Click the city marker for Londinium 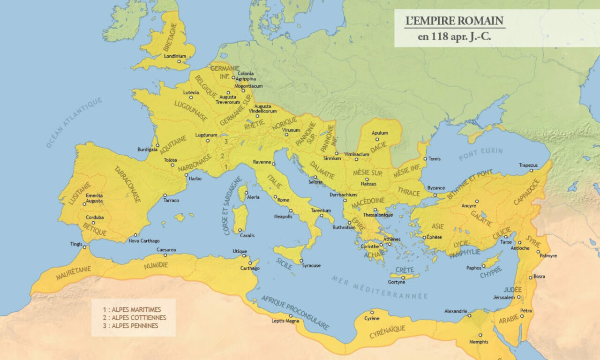coord(179,61)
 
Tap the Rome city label coord(283,200)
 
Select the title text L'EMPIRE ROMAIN coord(454,21)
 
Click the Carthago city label coord(250,268)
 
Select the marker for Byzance coord(435,195)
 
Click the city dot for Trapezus coord(531,171)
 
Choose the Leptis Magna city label coord(285,321)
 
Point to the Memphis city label coord(479,342)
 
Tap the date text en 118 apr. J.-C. coord(454,37)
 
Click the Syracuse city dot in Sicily coord(301,261)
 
